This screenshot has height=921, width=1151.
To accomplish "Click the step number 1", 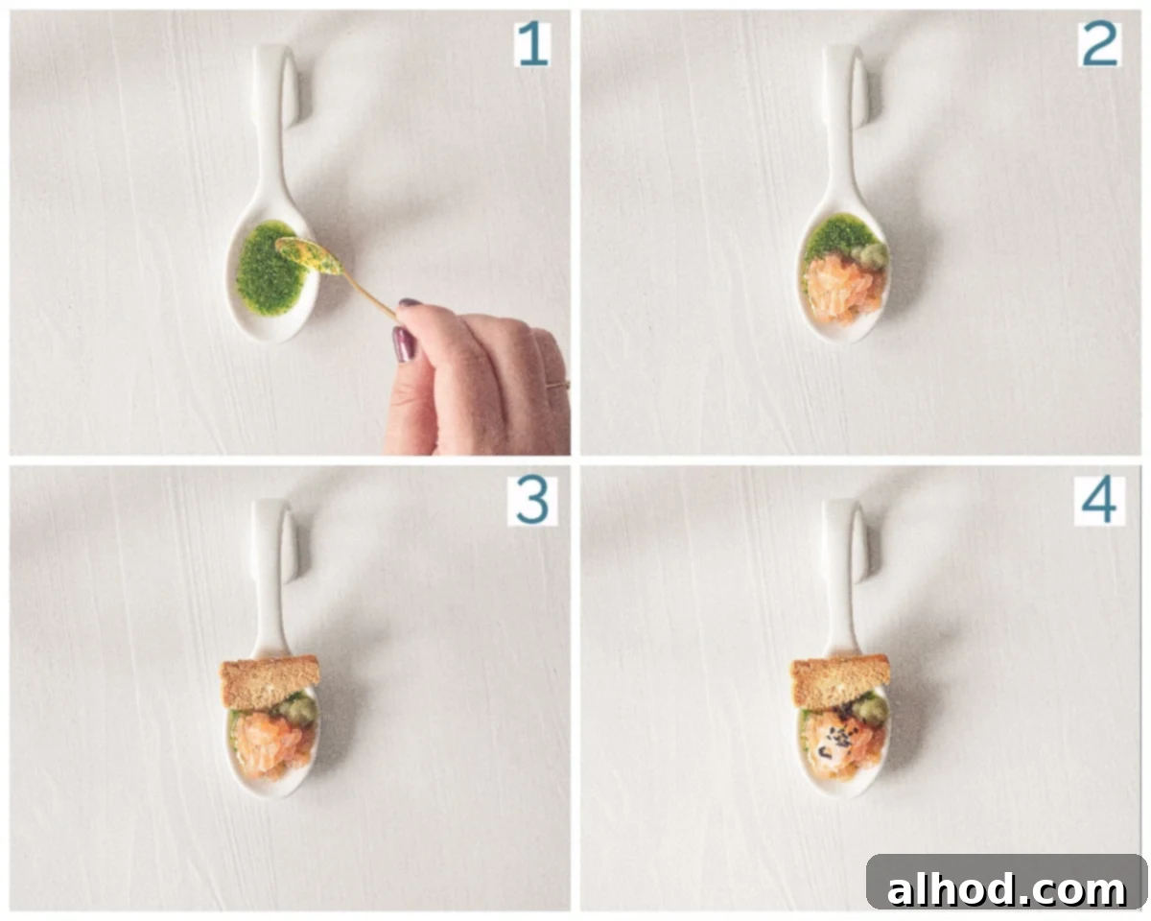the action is tap(533, 44).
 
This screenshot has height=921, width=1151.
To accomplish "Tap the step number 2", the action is tap(1099, 44).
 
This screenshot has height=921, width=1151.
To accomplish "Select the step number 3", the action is tap(532, 501).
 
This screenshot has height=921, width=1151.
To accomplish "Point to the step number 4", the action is tap(1099, 501).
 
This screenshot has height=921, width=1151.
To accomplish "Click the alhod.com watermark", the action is tap(1006, 890).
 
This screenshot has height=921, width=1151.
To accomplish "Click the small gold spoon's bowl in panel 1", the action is tap(309, 256).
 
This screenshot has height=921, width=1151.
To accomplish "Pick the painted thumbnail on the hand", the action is tap(404, 344).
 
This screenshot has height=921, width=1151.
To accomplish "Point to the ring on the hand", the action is tap(558, 384).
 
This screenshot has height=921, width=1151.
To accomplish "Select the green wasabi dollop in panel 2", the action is tap(870, 256).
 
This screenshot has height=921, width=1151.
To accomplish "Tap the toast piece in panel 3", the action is tap(270, 682).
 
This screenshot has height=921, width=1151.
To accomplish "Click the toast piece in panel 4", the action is tap(840, 681).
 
